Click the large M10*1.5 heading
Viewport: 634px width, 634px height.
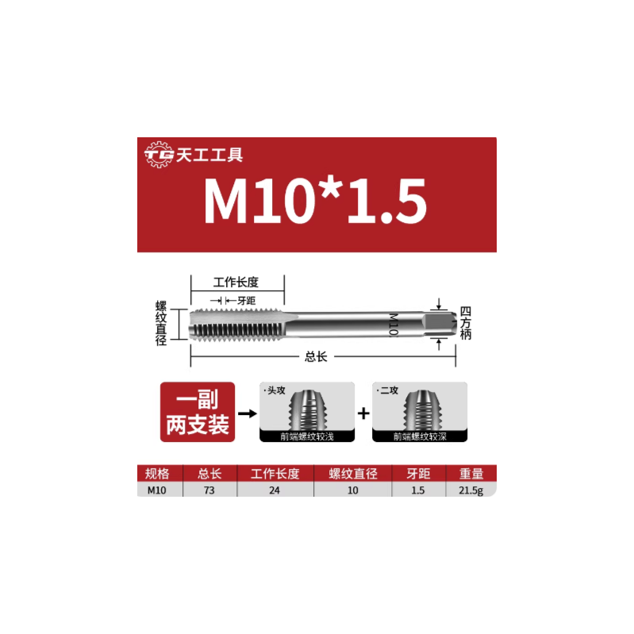coord(315,201)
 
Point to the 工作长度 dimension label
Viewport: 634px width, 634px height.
coord(236,282)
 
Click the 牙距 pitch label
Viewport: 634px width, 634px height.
coord(246,300)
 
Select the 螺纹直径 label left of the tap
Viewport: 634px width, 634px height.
coord(161,323)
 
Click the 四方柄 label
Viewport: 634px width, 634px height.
coord(466,323)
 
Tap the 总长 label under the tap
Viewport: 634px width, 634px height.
coord(316,357)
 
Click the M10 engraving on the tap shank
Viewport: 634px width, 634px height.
coord(392,324)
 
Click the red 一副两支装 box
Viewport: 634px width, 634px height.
coord(198,413)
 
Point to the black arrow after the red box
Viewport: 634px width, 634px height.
coord(248,413)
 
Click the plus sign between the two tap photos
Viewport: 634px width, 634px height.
coord(363,413)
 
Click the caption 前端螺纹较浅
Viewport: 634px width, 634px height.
coord(307,436)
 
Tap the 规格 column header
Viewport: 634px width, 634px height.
coord(157,474)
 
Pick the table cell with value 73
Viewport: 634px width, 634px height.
coord(209,490)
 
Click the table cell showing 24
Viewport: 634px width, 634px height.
coord(275,490)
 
